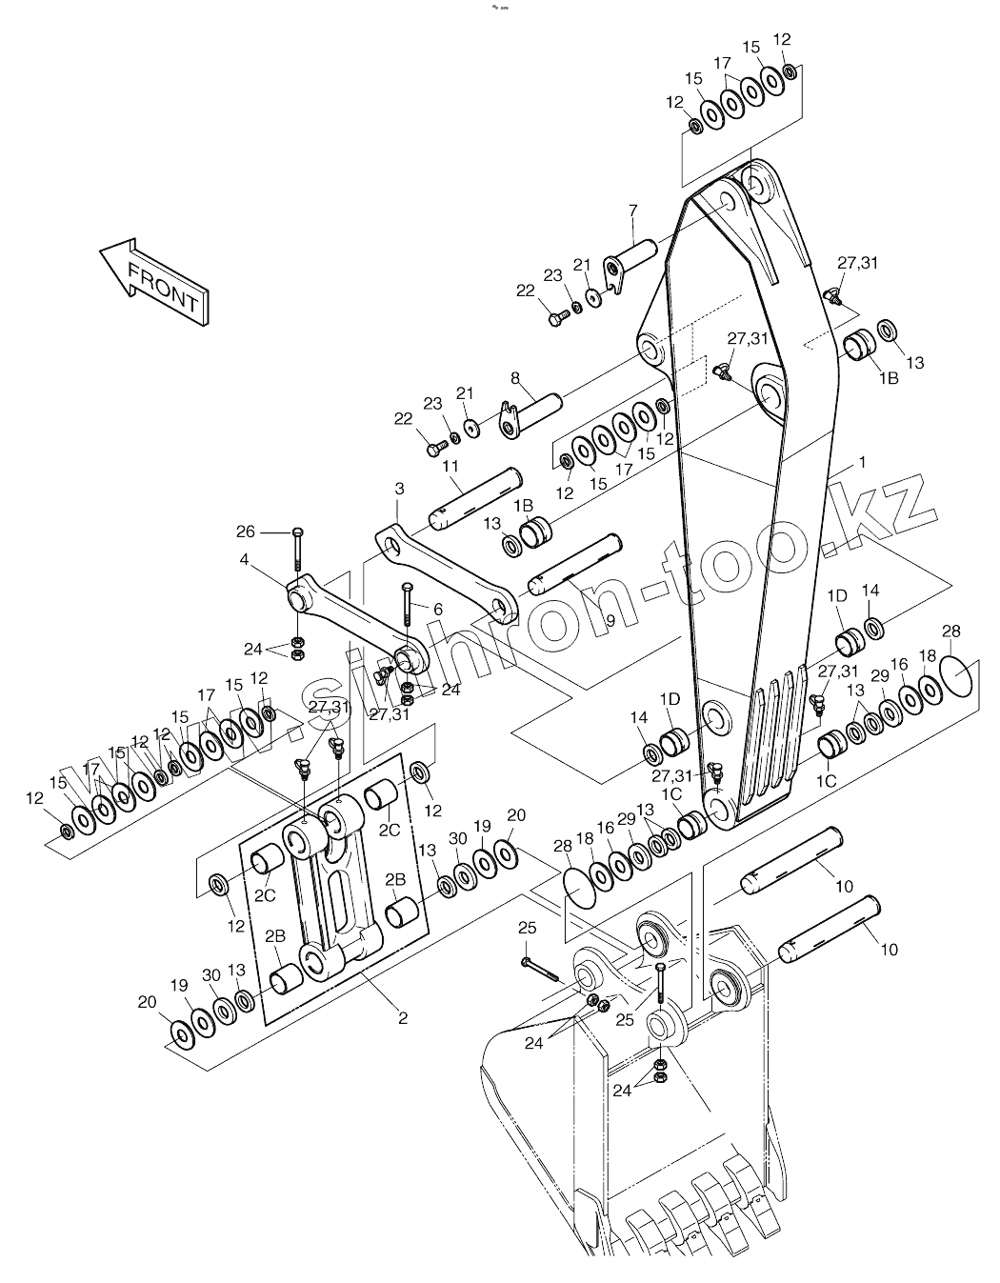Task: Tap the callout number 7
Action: tap(633, 210)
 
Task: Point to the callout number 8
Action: tap(515, 377)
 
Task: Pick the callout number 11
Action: tap(451, 466)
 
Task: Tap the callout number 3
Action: tap(400, 488)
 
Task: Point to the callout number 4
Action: tap(245, 561)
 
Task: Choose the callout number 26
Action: tap(246, 531)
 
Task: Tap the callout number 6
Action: tap(437, 609)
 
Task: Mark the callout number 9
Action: tap(609, 619)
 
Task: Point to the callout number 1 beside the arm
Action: tap(862, 462)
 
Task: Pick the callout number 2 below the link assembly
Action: tap(403, 1018)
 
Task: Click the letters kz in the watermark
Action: tap(881, 511)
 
